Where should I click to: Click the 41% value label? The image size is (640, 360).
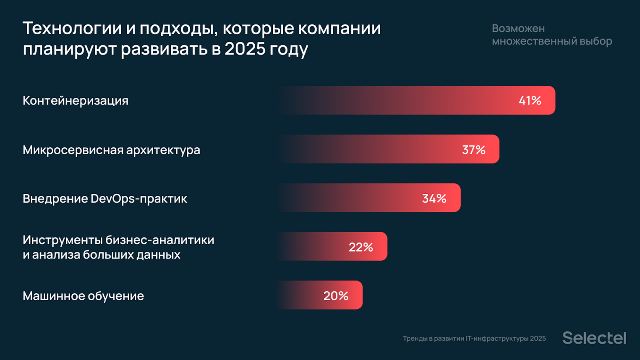click(x=530, y=101)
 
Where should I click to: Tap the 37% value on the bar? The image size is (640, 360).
click(x=473, y=150)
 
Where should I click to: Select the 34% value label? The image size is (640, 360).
click(x=434, y=198)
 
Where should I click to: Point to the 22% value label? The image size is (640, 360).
click(x=360, y=247)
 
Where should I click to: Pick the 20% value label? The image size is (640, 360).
click(x=336, y=296)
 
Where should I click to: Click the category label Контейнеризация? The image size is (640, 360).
click(x=76, y=101)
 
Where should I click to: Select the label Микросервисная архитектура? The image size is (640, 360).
click(x=111, y=150)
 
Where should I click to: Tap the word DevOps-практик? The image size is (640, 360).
click(x=138, y=198)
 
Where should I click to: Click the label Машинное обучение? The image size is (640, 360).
click(x=83, y=296)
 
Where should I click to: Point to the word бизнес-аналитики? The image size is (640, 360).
click(x=160, y=240)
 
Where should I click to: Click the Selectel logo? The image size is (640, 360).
click(x=594, y=338)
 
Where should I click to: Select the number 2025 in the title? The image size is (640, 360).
click(x=245, y=49)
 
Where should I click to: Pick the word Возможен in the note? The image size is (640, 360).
click(x=518, y=29)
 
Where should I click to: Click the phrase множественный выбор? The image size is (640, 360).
click(x=552, y=41)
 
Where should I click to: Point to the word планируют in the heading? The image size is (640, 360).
click(x=70, y=49)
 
